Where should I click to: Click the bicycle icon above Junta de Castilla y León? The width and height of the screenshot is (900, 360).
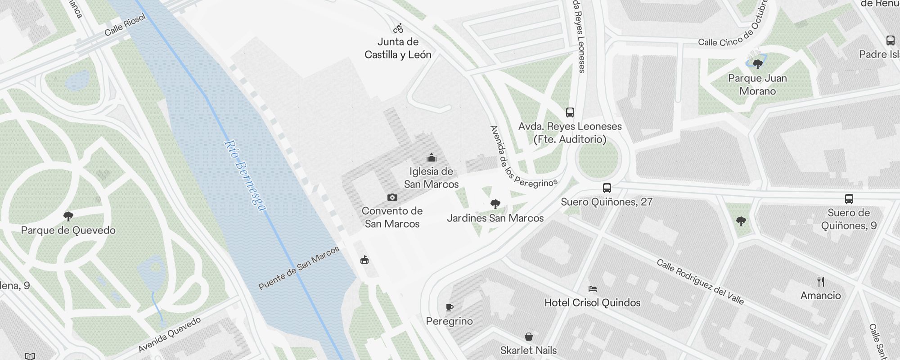tap(398, 29)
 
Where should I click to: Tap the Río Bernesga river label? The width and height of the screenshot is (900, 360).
tap(245, 175)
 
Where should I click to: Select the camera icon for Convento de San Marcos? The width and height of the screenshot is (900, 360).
tap(392, 197)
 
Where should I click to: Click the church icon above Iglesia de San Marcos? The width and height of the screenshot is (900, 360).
tap(432, 157)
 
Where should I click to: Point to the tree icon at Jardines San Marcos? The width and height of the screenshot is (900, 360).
tap(495, 204)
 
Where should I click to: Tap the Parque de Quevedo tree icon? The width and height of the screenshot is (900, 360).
tap(68, 216)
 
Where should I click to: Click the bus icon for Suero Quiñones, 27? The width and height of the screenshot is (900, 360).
tap(607, 188)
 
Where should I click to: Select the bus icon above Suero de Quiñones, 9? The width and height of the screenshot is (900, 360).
tap(849, 199)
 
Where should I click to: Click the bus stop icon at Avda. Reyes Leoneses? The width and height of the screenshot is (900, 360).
tap(570, 112)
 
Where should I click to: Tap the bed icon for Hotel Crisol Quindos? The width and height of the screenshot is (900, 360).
tap(592, 289)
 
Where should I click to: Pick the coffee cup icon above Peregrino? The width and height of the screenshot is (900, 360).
tap(449, 308)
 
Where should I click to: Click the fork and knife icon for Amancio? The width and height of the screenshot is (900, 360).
tap(821, 282)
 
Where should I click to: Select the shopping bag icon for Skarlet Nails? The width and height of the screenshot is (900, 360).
tap(529, 337)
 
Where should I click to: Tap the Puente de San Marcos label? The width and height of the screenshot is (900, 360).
tap(299, 268)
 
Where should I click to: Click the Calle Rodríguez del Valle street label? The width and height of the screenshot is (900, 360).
tap(700, 282)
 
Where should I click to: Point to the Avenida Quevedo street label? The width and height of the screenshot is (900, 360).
tap(169, 335)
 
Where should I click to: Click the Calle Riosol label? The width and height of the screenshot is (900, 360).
tap(125, 25)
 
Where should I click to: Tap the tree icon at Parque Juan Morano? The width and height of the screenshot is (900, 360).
tap(758, 64)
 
